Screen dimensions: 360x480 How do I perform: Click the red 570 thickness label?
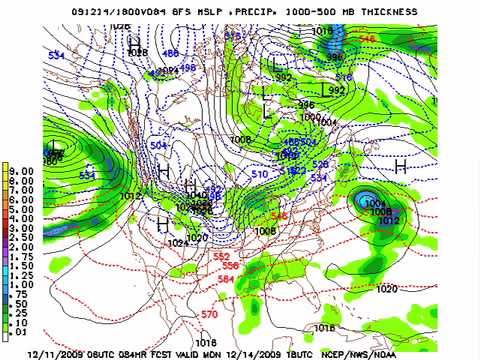(x=209, y=314)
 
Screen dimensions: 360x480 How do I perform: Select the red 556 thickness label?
(x=230, y=266)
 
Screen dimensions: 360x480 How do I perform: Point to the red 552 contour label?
(x=222, y=256)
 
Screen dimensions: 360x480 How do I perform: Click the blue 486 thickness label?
(x=170, y=53)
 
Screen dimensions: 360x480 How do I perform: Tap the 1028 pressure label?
(x=137, y=52)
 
